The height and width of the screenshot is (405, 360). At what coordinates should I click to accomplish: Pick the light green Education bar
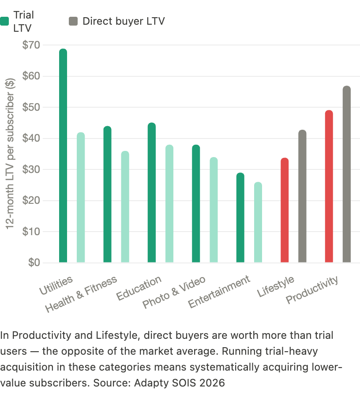click(x=169, y=204)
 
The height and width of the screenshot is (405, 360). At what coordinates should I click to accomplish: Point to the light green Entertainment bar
click(x=258, y=222)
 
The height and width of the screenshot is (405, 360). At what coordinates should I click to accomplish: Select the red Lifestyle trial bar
click(x=285, y=210)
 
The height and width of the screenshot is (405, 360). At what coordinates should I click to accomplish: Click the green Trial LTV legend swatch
click(x=4, y=21)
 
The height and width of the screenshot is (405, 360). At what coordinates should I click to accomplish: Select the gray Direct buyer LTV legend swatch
click(x=74, y=21)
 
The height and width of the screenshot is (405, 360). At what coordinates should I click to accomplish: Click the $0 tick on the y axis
click(x=34, y=263)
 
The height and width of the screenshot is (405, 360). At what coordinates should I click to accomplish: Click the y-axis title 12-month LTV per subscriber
click(x=11, y=152)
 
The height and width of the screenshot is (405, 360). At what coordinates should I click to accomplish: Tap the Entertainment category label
click(x=219, y=292)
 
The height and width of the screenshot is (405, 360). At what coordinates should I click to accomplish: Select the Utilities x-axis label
click(x=56, y=286)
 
